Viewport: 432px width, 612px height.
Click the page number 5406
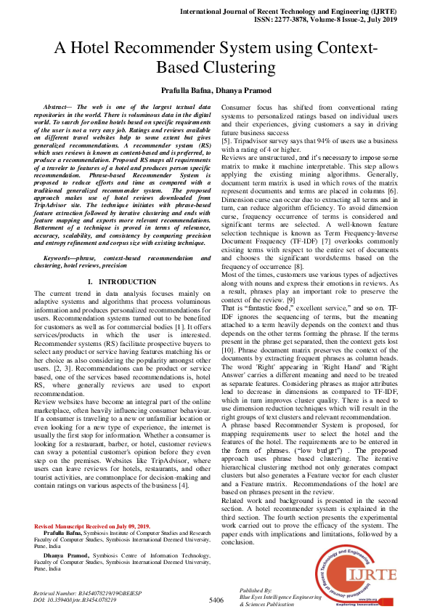(x=216, y=600)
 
